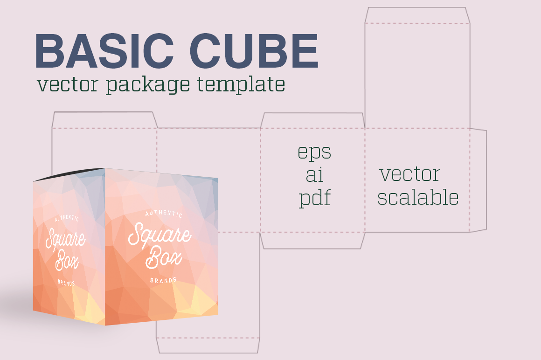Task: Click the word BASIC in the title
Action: [104, 51]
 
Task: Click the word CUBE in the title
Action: [254, 51]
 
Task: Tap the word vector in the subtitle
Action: [68, 84]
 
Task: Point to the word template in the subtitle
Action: [241, 84]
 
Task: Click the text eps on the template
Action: [314, 152]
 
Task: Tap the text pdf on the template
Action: [315, 197]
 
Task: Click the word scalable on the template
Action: [418, 197]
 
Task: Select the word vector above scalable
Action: [410, 174]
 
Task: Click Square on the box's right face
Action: [160, 235]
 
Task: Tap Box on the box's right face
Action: [164, 257]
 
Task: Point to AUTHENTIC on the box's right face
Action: [164, 214]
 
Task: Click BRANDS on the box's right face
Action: [163, 280]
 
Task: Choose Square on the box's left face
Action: [65, 238]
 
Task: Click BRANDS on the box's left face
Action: [66, 283]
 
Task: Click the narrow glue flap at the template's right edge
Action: [478, 180]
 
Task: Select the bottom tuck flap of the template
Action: [208, 346]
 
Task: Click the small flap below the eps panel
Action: [312, 241]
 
